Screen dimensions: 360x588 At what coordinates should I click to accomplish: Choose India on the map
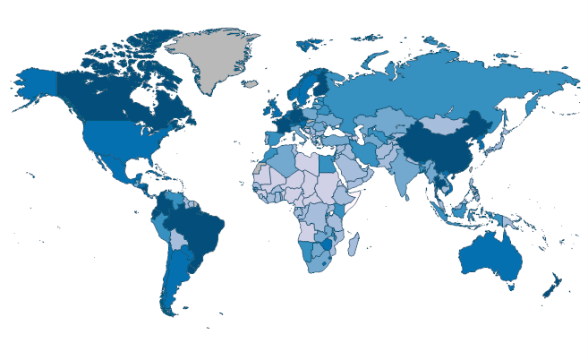point(405,175)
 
